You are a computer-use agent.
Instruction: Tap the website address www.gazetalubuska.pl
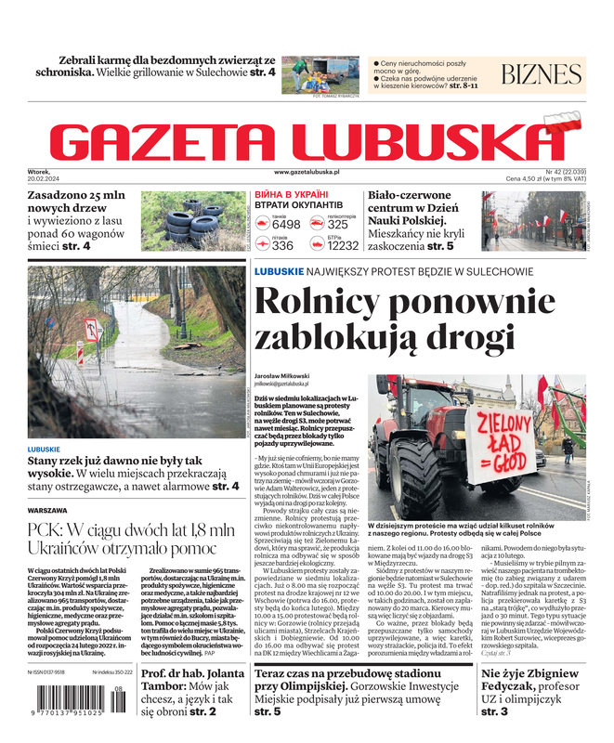pyautogui.click(x=307, y=172)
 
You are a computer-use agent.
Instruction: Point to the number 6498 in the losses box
pyautogui.click(x=286, y=225)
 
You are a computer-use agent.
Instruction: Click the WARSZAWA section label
pyautogui.click(x=47, y=511)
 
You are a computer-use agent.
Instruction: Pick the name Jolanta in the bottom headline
pyautogui.click(x=219, y=674)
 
